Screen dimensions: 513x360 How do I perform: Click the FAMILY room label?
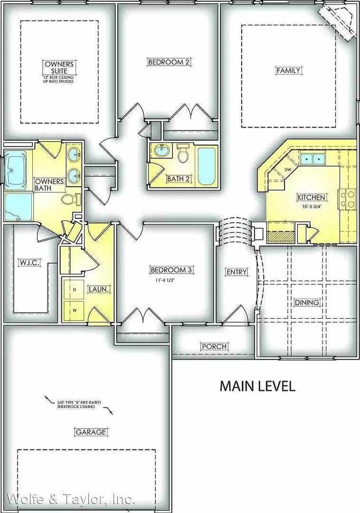288,71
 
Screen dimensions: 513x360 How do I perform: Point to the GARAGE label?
90,432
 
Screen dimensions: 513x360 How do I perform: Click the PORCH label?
214,346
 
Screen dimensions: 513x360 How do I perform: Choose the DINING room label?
306,302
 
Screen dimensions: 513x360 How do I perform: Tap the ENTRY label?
237,272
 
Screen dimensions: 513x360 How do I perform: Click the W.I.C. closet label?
29,262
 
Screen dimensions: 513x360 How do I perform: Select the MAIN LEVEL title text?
257,386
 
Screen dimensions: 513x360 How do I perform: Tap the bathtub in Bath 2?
207,167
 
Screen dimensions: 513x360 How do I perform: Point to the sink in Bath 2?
161,152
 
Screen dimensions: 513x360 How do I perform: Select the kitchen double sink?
312,159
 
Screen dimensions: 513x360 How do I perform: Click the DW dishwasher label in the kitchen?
287,170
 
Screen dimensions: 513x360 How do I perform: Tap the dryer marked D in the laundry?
74,288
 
